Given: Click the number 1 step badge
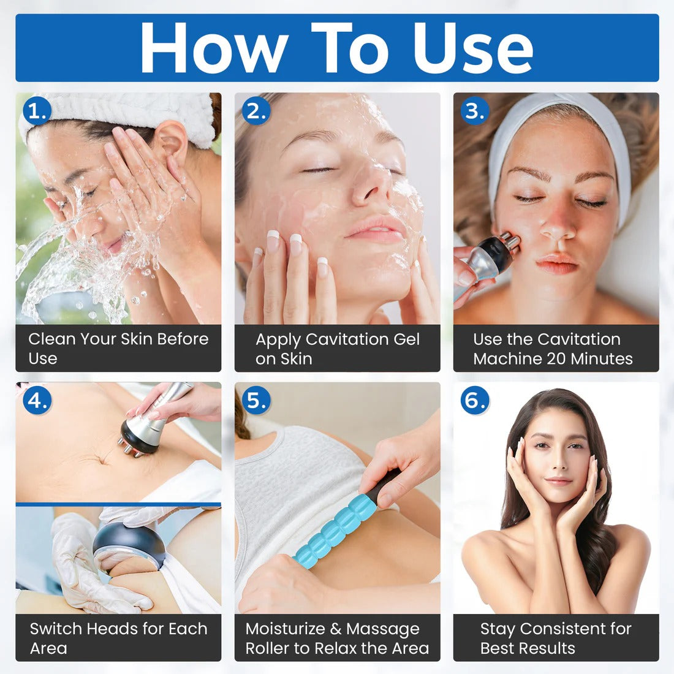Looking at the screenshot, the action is [x=37, y=111].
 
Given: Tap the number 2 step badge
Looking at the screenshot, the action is [x=256, y=111].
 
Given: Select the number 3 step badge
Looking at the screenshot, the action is [x=475, y=111].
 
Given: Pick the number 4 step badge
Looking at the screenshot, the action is [x=37, y=400].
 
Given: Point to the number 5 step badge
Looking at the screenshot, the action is [x=256, y=400].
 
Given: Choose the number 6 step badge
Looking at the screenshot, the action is [x=475, y=400].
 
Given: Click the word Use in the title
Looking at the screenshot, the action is [x=473, y=48].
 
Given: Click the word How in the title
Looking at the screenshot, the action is [x=214, y=48].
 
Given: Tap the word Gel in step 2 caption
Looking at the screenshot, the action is [x=406, y=339].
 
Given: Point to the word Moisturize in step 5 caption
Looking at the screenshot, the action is [x=285, y=629].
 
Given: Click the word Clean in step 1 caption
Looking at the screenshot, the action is [x=51, y=339].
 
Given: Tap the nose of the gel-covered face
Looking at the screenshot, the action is [x=368, y=186].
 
